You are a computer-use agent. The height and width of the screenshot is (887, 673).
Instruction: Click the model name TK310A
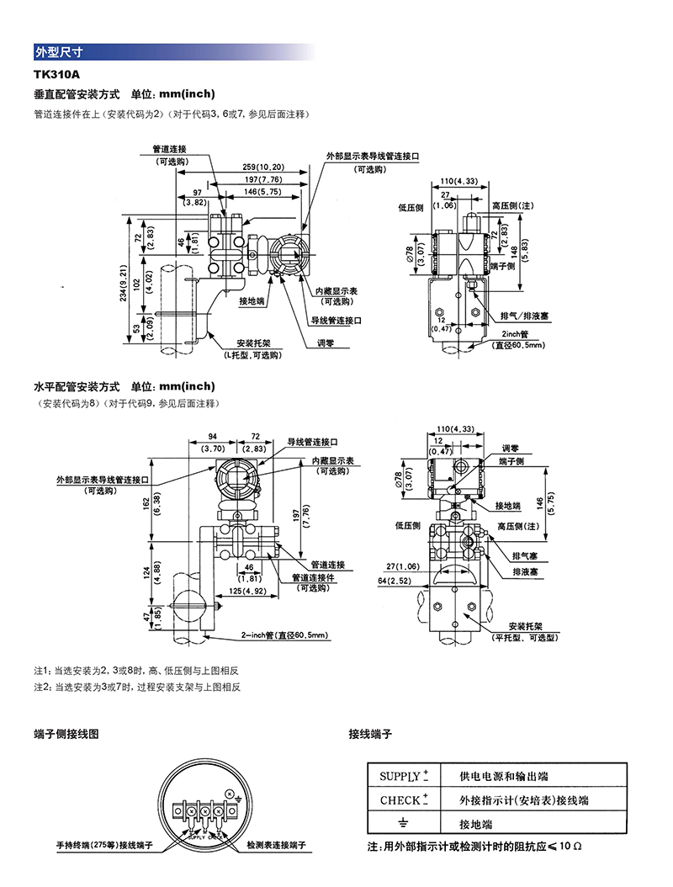coord(57,75)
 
